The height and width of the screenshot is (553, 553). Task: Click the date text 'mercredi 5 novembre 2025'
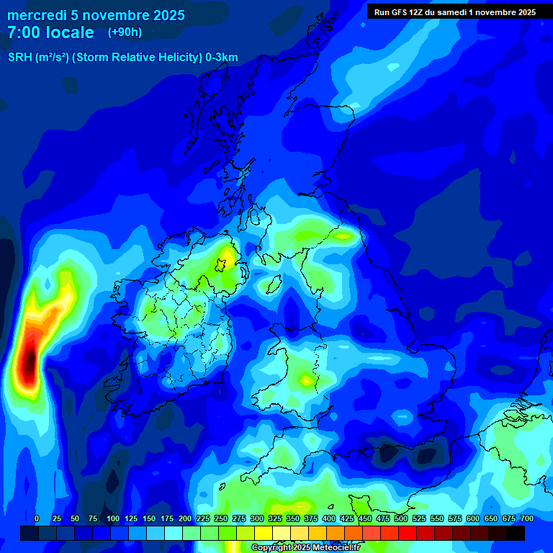(x=96, y=15)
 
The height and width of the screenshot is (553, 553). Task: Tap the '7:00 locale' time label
(x=50, y=32)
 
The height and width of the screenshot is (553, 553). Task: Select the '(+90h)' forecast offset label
(x=125, y=32)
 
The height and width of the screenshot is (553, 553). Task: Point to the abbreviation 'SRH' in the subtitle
(x=20, y=58)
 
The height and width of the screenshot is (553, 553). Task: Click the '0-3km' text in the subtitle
(x=221, y=58)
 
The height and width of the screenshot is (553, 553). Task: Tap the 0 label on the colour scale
(x=37, y=518)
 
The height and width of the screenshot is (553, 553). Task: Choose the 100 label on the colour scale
(x=113, y=518)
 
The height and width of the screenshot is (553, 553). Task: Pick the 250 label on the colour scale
(x=221, y=518)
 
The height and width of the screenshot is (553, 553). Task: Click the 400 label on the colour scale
(x=329, y=518)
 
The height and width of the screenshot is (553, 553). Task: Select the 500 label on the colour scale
(x=401, y=518)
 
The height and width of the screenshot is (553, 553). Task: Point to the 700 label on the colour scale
(x=527, y=518)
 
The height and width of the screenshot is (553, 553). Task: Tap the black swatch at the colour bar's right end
(x=516, y=533)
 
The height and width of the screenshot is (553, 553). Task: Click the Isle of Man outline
(x=274, y=284)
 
